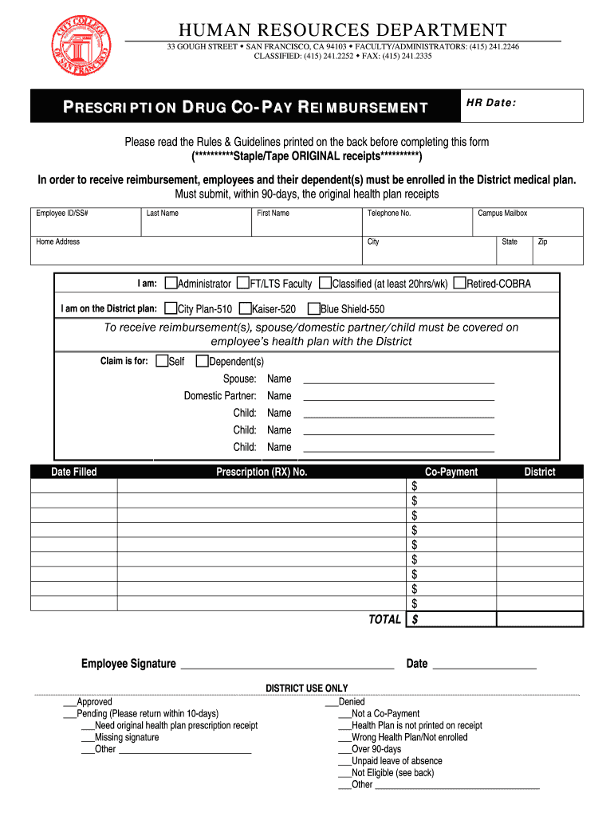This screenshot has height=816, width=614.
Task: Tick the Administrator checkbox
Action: [x=171, y=283]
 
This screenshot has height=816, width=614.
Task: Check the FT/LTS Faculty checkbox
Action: [x=242, y=283]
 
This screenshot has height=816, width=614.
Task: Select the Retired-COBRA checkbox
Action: [x=459, y=283]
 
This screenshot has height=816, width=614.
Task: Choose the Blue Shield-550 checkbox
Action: [x=313, y=308]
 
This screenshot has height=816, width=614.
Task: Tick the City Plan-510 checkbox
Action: [x=171, y=308]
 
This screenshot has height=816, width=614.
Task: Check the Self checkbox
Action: [x=162, y=361]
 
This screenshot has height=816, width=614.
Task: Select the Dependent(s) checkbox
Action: [x=202, y=361]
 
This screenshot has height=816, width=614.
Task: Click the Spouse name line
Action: [x=399, y=380]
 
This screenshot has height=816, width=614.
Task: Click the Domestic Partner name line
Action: [x=399, y=397]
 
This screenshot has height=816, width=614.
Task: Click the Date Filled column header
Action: [x=74, y=472]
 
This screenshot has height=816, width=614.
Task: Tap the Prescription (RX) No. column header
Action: [x=262, y=472]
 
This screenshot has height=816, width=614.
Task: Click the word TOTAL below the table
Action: [x=384, y=619]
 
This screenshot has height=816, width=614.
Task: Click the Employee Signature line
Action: [x=287, y=664]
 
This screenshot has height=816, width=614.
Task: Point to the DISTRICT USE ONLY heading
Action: [x=306, y=688]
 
